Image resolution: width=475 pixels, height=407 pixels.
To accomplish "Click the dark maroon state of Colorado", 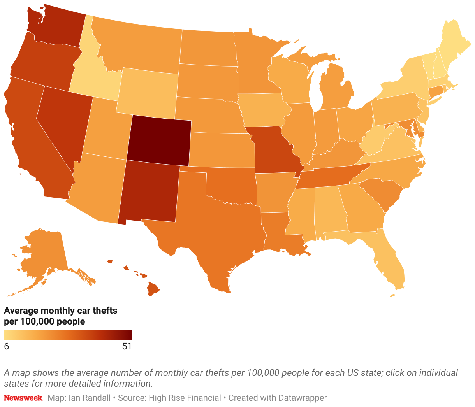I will pyautogui.click(x=159, y=139).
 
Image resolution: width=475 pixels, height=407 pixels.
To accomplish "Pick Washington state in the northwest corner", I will pyautogui.click(x=58, y=27).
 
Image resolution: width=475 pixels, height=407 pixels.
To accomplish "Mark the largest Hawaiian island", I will pyautogui.click(x=153, y=289).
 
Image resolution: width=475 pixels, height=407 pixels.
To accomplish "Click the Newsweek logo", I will pyautogui.click(x=23, y=398).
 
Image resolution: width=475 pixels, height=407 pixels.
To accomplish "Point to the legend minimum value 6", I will pyautogui.click(x=6, y=346).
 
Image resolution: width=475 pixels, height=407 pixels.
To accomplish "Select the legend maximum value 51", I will pyautogui.click(x=127, y=346).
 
